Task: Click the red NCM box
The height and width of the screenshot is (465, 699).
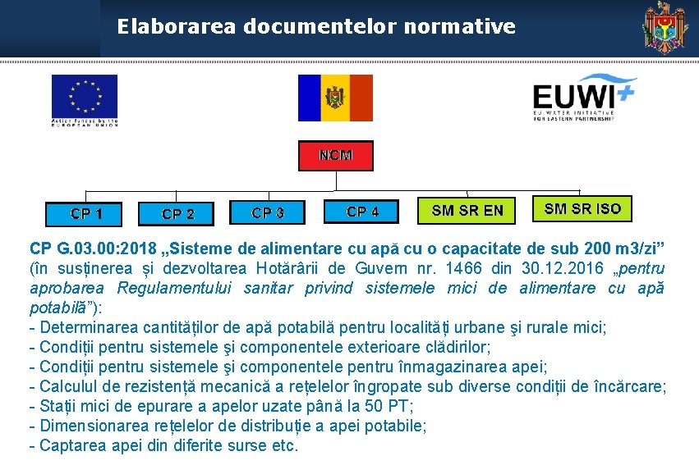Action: (x=335, y=156)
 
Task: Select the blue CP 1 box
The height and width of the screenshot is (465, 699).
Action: (x=86, y=214)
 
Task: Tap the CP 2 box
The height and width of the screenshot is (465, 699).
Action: (x=178, y=214)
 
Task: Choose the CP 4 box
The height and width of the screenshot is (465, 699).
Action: (x=362, y=212)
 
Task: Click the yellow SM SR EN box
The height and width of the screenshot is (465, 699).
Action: (x=467, y=211)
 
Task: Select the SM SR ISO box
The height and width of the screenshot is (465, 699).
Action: (x=582, y=208)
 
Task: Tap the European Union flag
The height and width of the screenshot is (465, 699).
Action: (x=85, y=96)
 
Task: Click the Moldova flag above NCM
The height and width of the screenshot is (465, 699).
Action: (x=335, y=98)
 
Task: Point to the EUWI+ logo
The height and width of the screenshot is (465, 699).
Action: (x=583, y=97)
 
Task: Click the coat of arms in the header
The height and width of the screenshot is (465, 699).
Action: (x=665, y=28)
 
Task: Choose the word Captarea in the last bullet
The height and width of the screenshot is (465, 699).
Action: (x=68, y=445)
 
